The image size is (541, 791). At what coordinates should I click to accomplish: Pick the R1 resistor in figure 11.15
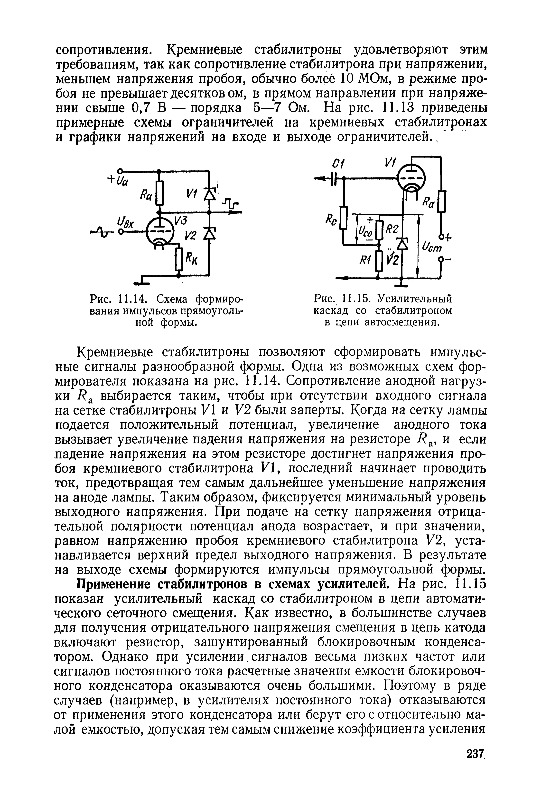click(379, 261)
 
